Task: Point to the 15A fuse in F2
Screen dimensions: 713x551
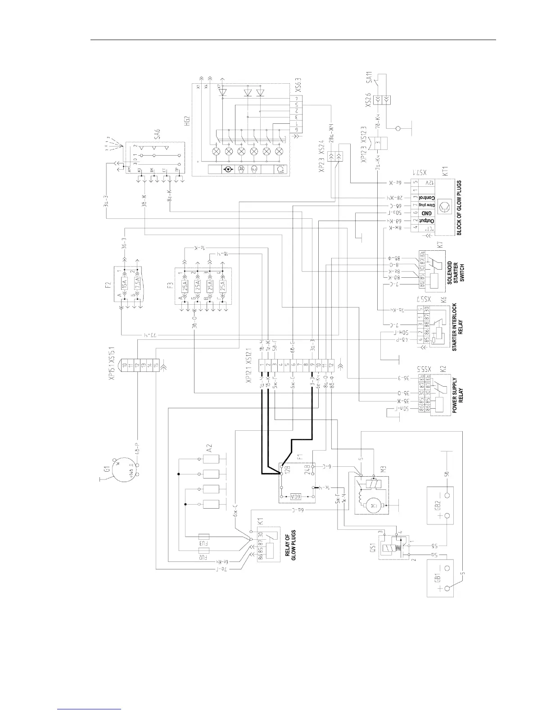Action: pyautogui.click(x=125, y=284)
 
